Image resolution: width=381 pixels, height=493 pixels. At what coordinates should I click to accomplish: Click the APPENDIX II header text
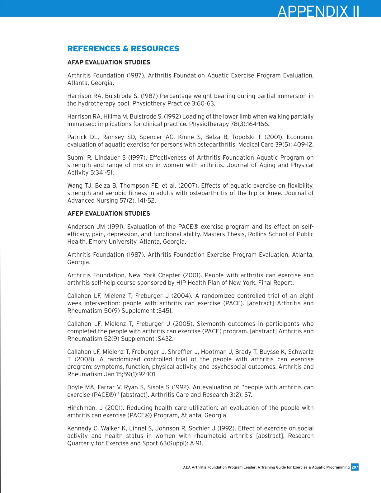click(x=318, y=12)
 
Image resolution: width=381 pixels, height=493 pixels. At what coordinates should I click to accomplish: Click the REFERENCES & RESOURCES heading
click(x=123, y=49)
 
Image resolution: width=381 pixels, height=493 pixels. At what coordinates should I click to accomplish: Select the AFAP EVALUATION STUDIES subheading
click(x=109, y=63)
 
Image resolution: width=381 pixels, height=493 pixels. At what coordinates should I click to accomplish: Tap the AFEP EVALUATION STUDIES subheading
click(x=109, y=214)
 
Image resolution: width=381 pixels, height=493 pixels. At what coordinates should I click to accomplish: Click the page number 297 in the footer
click(x=355, y=467)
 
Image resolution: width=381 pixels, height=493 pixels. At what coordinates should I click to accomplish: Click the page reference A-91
click(x=196, y=444)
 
